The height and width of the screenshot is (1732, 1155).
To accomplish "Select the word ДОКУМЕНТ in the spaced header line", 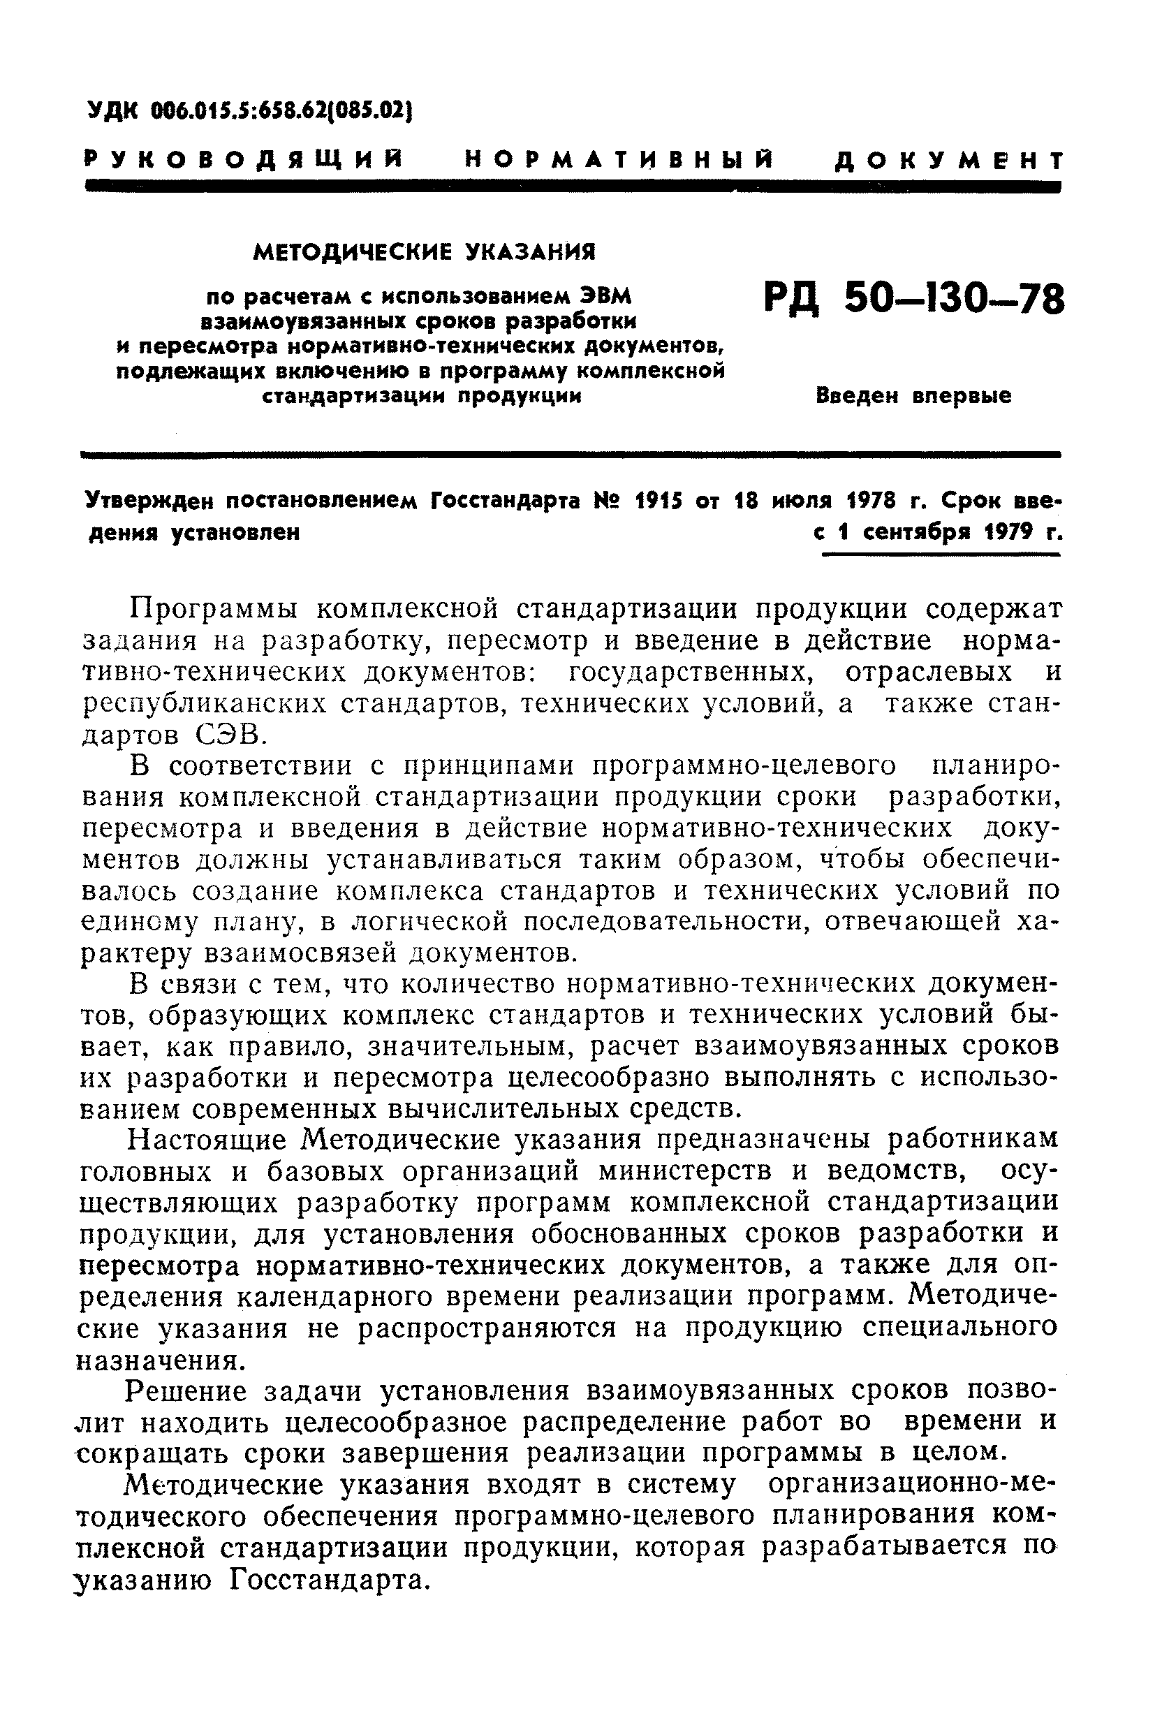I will click(949, 160).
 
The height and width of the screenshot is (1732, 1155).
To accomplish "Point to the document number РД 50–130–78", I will click(914, 300).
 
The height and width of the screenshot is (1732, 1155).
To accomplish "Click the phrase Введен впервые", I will click(913, 397).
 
